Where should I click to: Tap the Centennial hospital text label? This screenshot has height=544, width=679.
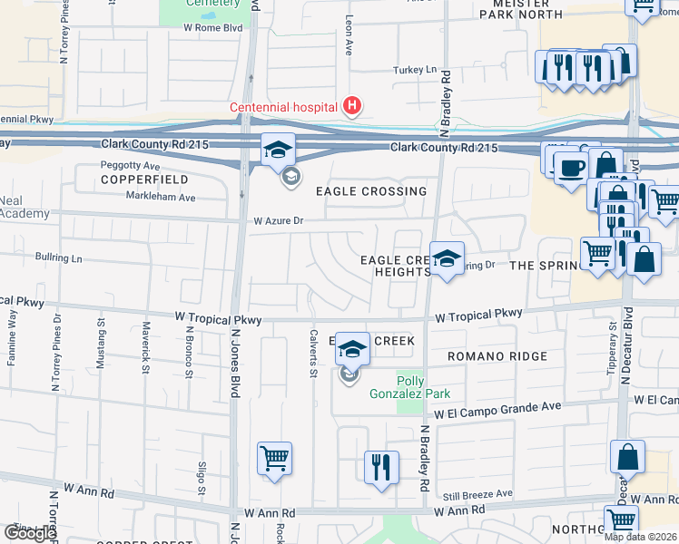(283, 107)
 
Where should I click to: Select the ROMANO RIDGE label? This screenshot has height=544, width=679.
(497, 356)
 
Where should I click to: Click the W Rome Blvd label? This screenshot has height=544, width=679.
(213, 27)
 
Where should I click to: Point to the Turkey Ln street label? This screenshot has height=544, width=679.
(414, 70)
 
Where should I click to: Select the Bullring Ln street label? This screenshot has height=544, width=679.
(59, 258)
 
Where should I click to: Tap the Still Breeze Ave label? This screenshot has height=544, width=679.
(478, 494)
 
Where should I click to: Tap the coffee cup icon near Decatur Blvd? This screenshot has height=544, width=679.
(571, 170)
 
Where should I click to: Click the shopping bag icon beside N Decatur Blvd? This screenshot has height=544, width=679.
(628, 458)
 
